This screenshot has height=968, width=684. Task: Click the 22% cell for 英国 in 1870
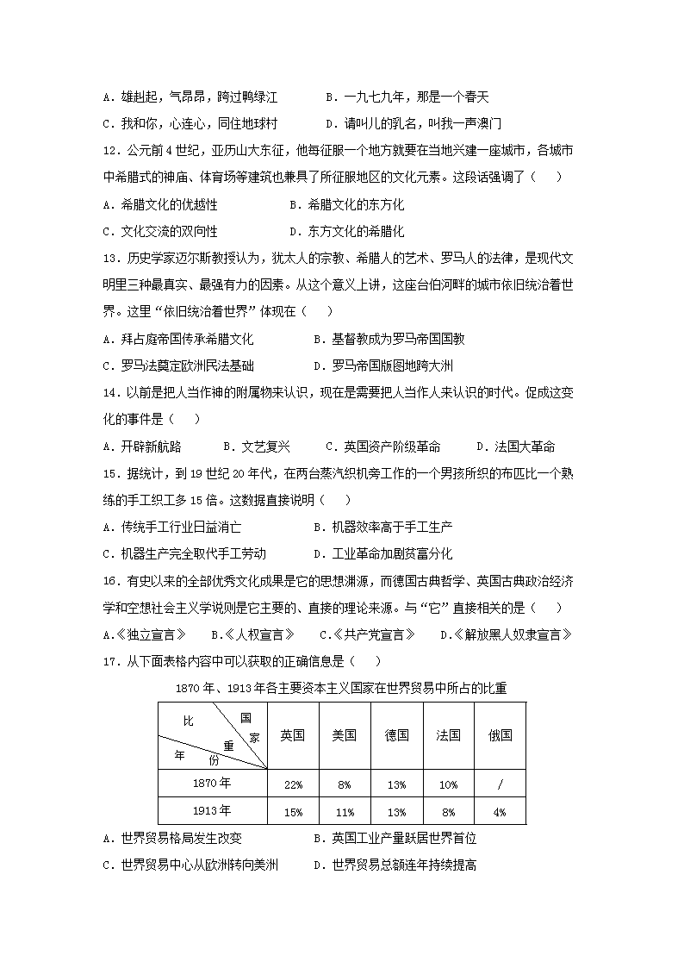tap(293, 785)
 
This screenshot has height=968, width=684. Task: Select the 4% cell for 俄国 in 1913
tap(500, 812)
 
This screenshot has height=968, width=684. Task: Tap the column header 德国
tap(396, 735)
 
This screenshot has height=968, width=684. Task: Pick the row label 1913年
tap(212, 810)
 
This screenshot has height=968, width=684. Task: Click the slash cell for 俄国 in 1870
tap(500, 785)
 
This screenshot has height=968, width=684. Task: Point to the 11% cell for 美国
tap(345, 812)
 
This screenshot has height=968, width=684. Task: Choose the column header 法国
tap(448, 735)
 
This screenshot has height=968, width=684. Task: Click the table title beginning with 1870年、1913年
tap(341, 688)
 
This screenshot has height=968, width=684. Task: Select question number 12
tap(109, 151)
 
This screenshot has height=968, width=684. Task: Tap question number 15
tap(109, 473)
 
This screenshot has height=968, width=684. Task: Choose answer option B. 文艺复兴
tap(256, 447)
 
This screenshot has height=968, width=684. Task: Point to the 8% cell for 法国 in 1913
tap(448, 812)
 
